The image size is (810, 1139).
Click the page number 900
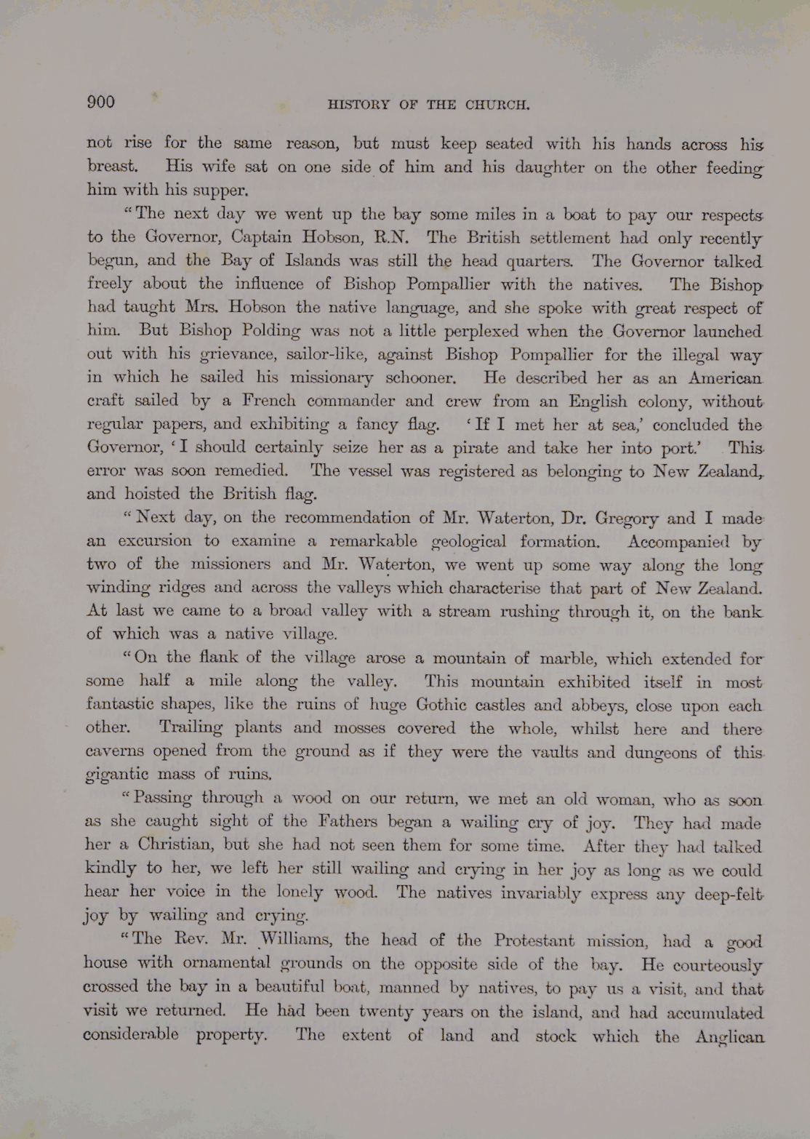(x=101, y=102)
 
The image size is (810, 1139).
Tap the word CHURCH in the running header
(x=497, y=105)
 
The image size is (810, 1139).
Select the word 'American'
(x=725, y=378)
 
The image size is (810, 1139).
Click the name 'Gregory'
(x=627, y=519)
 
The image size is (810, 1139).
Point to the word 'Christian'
(x=177, y=845)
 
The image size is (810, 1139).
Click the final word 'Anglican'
(x=729, y=1037)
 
